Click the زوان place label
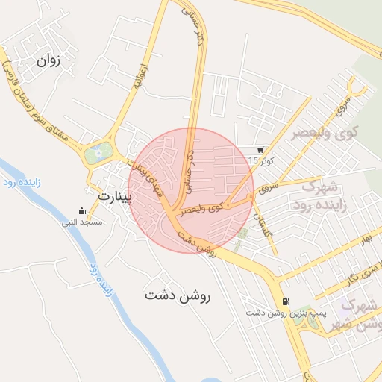tap(48, 60)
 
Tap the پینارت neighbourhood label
tap(114, 197)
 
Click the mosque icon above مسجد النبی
tap(81, 212)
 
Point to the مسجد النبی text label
tap(82, 222)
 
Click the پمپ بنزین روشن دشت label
tap(287, 312)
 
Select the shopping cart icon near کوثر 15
tap(260, 149)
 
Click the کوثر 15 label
tap(261, 160)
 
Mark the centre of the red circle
tap(191, 190)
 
